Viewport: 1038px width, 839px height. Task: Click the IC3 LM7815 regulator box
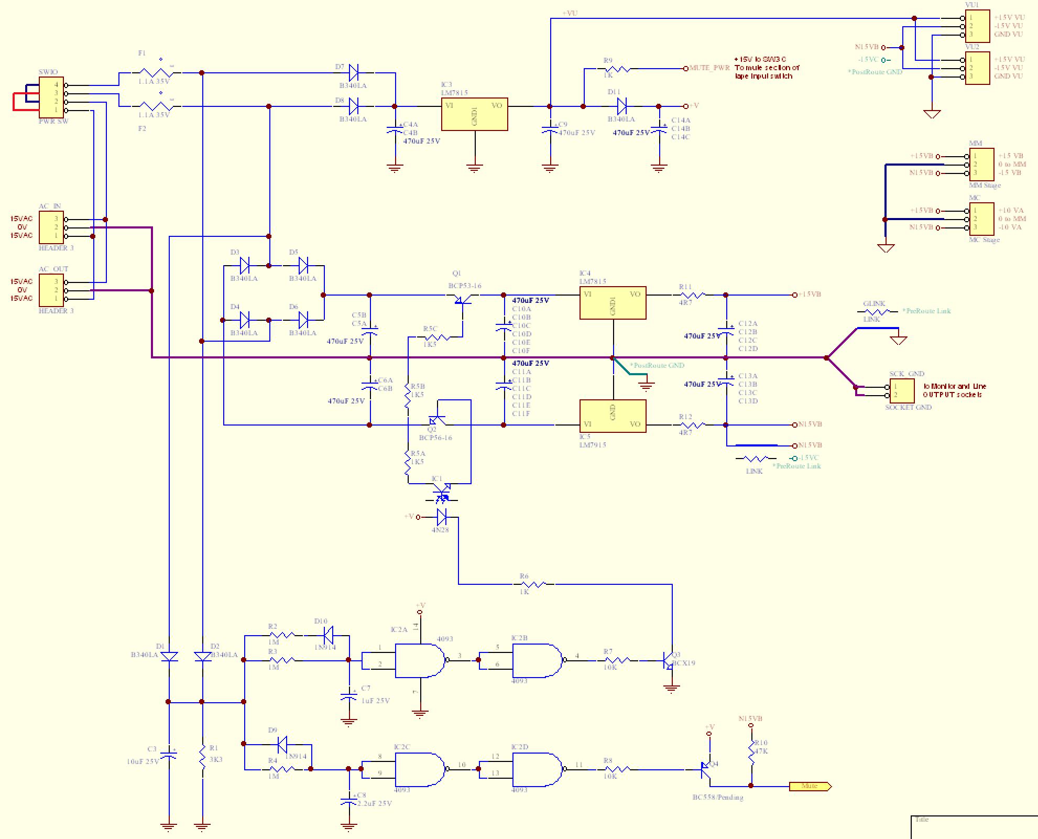pyautogui.click(x=474, y=114)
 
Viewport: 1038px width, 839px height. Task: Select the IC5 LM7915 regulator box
pyautogui.click(x=613, y=416)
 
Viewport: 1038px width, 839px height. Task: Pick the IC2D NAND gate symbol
pyautogui.click(x=537, y=769)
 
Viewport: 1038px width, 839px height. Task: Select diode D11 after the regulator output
pyautogui.click(x=622, y=106)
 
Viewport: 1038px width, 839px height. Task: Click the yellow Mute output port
pyautogui.click(x=810, y=786)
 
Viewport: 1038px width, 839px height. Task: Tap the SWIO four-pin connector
pyautogui.click(x=51, y=97)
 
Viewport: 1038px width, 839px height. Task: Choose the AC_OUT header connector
pyautogui.click(x=51, y=290)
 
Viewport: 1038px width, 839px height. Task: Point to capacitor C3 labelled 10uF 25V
pyautogui.click(x=168, y=755)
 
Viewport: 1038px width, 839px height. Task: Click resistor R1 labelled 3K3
pyautogui.click(x=202, y=755)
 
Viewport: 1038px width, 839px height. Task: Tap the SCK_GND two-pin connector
pyautogui.click(x=901, y=391)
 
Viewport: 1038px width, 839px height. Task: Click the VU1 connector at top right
pyautogui.click(x=977, y=26)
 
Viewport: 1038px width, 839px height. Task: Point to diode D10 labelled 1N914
pyautogui.click(x=328, y=635)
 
